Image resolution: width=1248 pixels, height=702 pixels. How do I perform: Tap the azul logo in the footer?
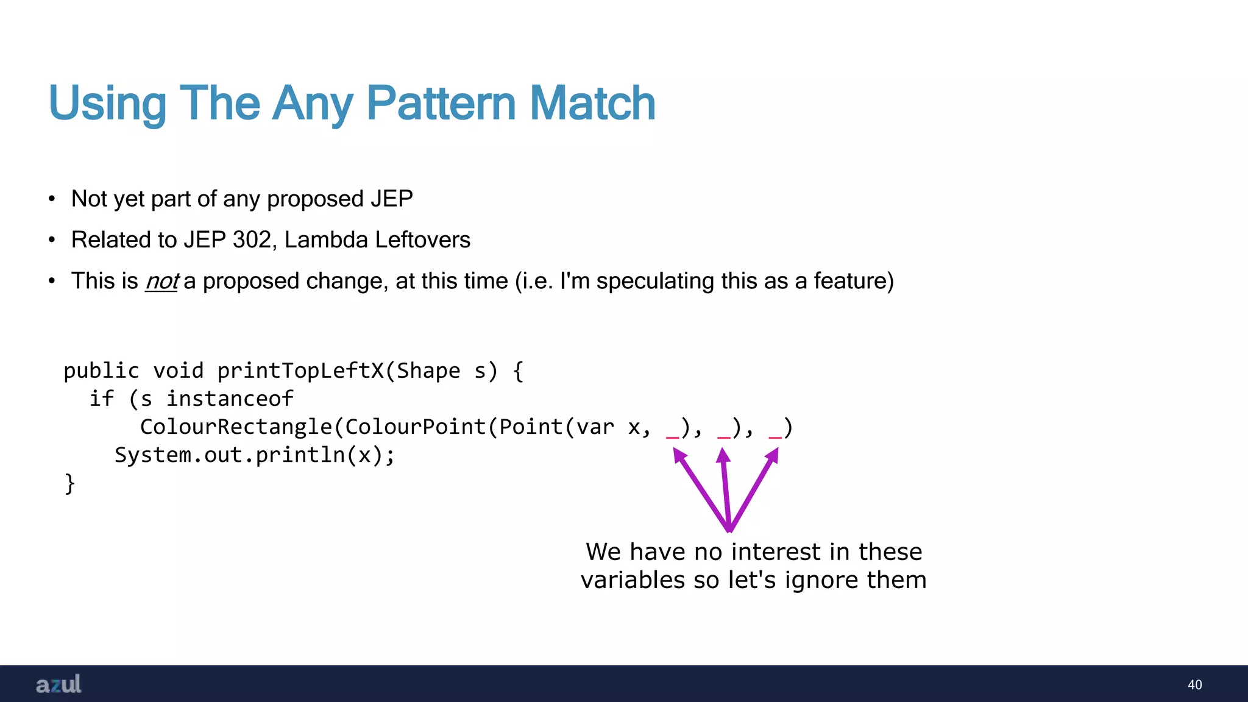(x=58, y=684)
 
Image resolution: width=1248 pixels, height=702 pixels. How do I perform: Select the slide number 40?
(x=1194, y=685)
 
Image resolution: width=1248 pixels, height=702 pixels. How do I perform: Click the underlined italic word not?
(x=161, y=282)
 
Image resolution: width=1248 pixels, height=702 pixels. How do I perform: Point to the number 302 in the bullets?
(x=251, y=240)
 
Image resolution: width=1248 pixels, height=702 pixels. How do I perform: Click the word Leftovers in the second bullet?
(x=422, y=240)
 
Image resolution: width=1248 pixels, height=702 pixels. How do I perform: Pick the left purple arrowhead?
(x=679, y=455)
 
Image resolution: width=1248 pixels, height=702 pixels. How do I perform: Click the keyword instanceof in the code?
(x=230, y=399)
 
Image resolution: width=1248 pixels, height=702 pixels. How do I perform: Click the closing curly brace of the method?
(x=69, y=484)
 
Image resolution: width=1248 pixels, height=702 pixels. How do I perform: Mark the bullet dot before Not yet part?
(x=52, y=199)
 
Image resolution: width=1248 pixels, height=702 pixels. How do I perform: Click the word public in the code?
(x=101, y=371)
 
